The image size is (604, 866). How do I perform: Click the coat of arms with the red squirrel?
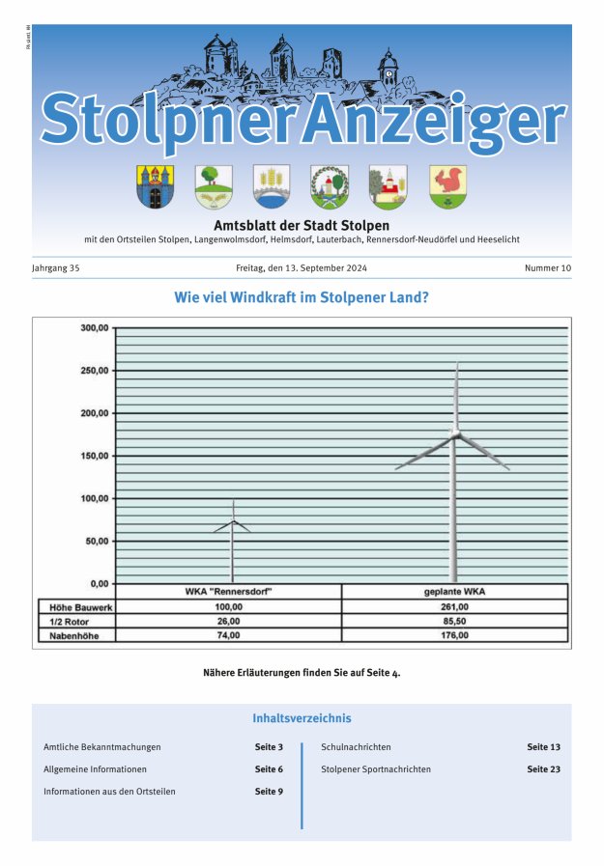click(447, 185)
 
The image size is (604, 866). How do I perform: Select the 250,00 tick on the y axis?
click(94, 371)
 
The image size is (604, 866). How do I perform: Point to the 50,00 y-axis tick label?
click(96, 541)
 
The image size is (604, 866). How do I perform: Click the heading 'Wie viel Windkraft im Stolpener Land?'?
click(302, 297)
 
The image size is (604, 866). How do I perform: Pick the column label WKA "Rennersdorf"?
click(228, 591)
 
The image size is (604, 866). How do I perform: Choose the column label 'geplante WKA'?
click(454, 591)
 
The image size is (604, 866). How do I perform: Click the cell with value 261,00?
click(454, 606)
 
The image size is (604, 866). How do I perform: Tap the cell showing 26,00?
click(228, 621)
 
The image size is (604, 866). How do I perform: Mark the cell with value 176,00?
click(454, 635)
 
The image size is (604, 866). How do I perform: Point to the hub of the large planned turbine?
click(455, 435)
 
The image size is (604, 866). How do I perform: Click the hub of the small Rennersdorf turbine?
click(232, 521)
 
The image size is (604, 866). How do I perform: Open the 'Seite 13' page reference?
click(543, 747)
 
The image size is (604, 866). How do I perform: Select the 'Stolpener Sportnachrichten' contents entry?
click(376, 769)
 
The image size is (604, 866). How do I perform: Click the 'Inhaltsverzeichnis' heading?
click(302, 718)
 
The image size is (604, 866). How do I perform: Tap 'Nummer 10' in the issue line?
click(548, 268)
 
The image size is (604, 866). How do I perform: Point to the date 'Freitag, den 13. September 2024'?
click(302, 268)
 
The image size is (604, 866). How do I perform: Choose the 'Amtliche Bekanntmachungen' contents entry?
click(102, 747)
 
